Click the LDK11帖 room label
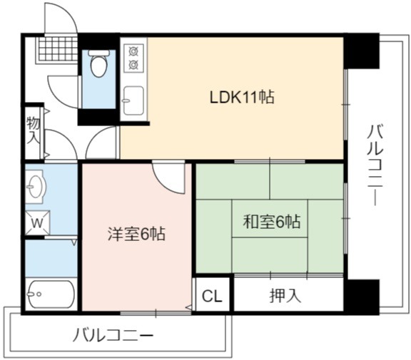click(242, 97)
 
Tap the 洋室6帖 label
click(136, 234)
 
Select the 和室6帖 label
click(272, 222)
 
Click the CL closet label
click(212, 296)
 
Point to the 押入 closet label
click(285, 296)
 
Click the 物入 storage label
click(34, 130)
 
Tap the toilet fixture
click(98, 63)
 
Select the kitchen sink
click(133, 101)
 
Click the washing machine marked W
click(37, 223)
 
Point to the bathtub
click(51, 294)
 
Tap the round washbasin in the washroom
click(36, 186)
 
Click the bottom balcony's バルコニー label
click(113, 336)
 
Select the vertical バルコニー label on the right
click(375, 165)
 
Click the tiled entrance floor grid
click(58, 49)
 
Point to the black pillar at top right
click(362, 51)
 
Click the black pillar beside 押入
click(362, 297)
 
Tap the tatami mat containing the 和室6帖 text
click(270, 219)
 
